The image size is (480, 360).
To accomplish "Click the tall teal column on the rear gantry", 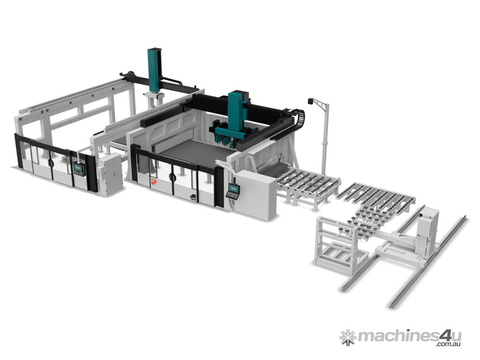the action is (154, 70).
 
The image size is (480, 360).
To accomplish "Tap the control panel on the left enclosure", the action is (79, 170).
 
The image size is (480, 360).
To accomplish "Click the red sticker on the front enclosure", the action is (153, 181).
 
